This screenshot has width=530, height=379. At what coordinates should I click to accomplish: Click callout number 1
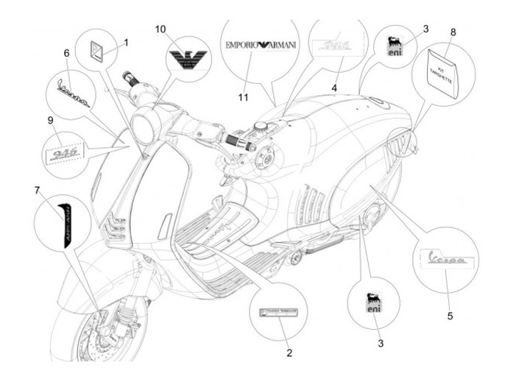(126, 42)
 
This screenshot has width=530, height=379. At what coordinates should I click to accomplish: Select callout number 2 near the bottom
(289, 353)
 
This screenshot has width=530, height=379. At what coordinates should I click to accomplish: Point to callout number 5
(450, 316)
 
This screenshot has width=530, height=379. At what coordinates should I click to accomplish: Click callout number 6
(66, 54)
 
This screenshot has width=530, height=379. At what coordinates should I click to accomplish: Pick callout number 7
(37, 191)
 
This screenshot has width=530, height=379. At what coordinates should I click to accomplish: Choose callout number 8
(453, 32)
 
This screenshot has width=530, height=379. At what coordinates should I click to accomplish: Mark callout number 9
(51, 120)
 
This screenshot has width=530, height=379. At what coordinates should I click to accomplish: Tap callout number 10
(161, 29)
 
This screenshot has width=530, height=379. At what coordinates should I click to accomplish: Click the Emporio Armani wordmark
(261, 45)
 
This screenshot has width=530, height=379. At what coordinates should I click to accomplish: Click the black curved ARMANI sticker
(64, 220)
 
